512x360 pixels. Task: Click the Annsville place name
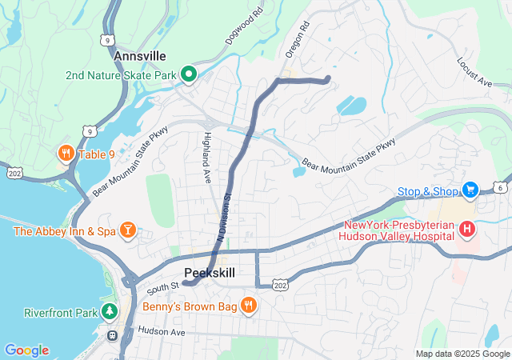click(140, 56)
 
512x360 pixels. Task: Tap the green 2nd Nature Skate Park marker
click(189, 76)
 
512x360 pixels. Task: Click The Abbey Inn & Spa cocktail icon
click(127, 231)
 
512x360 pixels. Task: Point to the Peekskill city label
click(210, 273)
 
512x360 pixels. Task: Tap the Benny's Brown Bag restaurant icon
click(248, 305)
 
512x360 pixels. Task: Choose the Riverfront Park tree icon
click(110, 311)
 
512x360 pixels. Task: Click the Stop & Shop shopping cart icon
click(470, 190)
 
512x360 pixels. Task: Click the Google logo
click(26, 350)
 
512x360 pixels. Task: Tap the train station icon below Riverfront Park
click(112, 334)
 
